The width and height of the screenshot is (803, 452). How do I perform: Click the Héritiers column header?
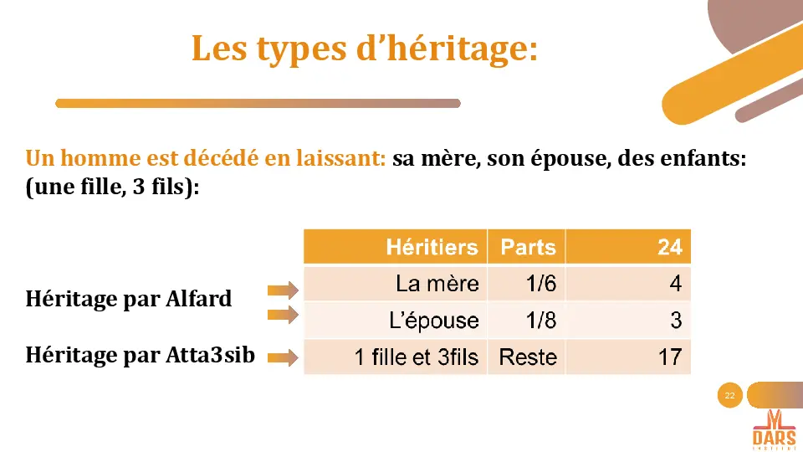(x=432, y=247)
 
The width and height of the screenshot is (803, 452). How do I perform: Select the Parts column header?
(x=528, y=247)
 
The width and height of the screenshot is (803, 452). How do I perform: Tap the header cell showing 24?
(x=669, y=247)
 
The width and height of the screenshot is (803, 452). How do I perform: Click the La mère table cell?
(x=437, y=284)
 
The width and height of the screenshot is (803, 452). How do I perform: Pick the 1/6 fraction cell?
(x=541, y=284)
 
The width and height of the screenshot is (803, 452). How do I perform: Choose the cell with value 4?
(x=675, y=284)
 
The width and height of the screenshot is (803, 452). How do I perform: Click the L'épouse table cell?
(x=434, y=321)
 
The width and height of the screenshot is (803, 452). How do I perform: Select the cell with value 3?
(x=676, y=321)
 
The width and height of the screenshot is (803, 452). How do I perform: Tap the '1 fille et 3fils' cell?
(x=416, y=357)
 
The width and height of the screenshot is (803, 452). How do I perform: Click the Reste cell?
(x=528, y=357)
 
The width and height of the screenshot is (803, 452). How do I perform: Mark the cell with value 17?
(x=670, y=357)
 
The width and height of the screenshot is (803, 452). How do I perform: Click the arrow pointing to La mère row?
(x=283, y=290)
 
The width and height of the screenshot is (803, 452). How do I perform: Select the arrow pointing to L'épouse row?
(x=283, y=316)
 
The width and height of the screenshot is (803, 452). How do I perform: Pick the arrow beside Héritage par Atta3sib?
(x=283, y=358)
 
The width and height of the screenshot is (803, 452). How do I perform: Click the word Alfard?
(x=198, y=299)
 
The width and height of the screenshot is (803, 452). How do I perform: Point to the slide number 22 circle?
(x=730, y=395)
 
